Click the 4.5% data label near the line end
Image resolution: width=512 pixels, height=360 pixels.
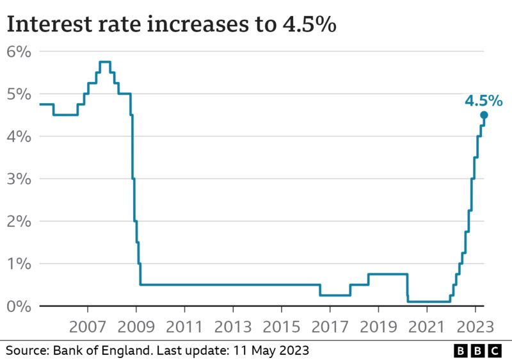[483, 101]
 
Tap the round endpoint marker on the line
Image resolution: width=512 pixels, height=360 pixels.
[484, 115]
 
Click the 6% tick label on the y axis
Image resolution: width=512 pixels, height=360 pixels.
[19, 52]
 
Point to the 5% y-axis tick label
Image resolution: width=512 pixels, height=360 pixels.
[19, 94]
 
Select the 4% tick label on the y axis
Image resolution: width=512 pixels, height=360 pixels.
[19, 136]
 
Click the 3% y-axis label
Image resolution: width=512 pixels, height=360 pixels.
[19, 179]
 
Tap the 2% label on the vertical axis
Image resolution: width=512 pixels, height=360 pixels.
[19, 221]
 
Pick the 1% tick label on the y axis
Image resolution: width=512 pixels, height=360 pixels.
[19, 263]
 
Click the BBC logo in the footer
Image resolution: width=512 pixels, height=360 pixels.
[477, 350]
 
